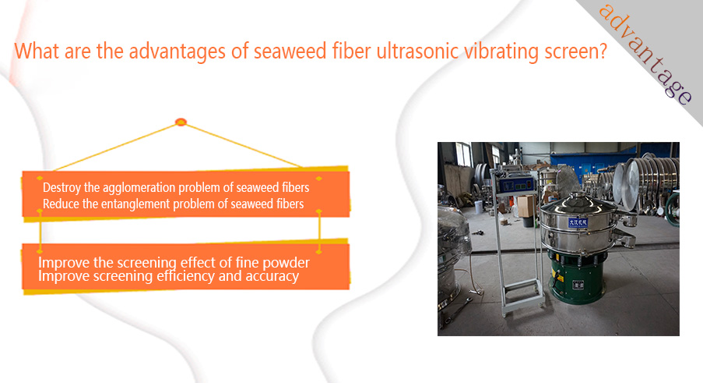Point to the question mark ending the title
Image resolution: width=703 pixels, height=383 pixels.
click(603, 50)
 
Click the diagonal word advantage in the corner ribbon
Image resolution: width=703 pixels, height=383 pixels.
click(646, 54)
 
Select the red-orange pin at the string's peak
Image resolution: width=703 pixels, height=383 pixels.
click(181, 122)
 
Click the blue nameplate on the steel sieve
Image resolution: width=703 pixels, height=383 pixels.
click(578, 222)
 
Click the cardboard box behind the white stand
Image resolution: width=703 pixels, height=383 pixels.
click(526, 207)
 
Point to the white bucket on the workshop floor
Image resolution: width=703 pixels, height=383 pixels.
click(479, 207)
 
